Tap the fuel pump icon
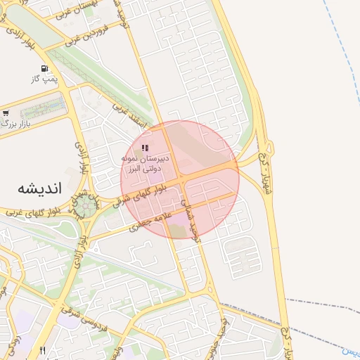click(x=44, y=70)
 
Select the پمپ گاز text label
click(x=43, y=80)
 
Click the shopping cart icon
click(x=6, y=112)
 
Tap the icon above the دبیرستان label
click(x=144, y=148)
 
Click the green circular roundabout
click(x=85, y=206)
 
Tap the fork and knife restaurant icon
click(x=43, y=350)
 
